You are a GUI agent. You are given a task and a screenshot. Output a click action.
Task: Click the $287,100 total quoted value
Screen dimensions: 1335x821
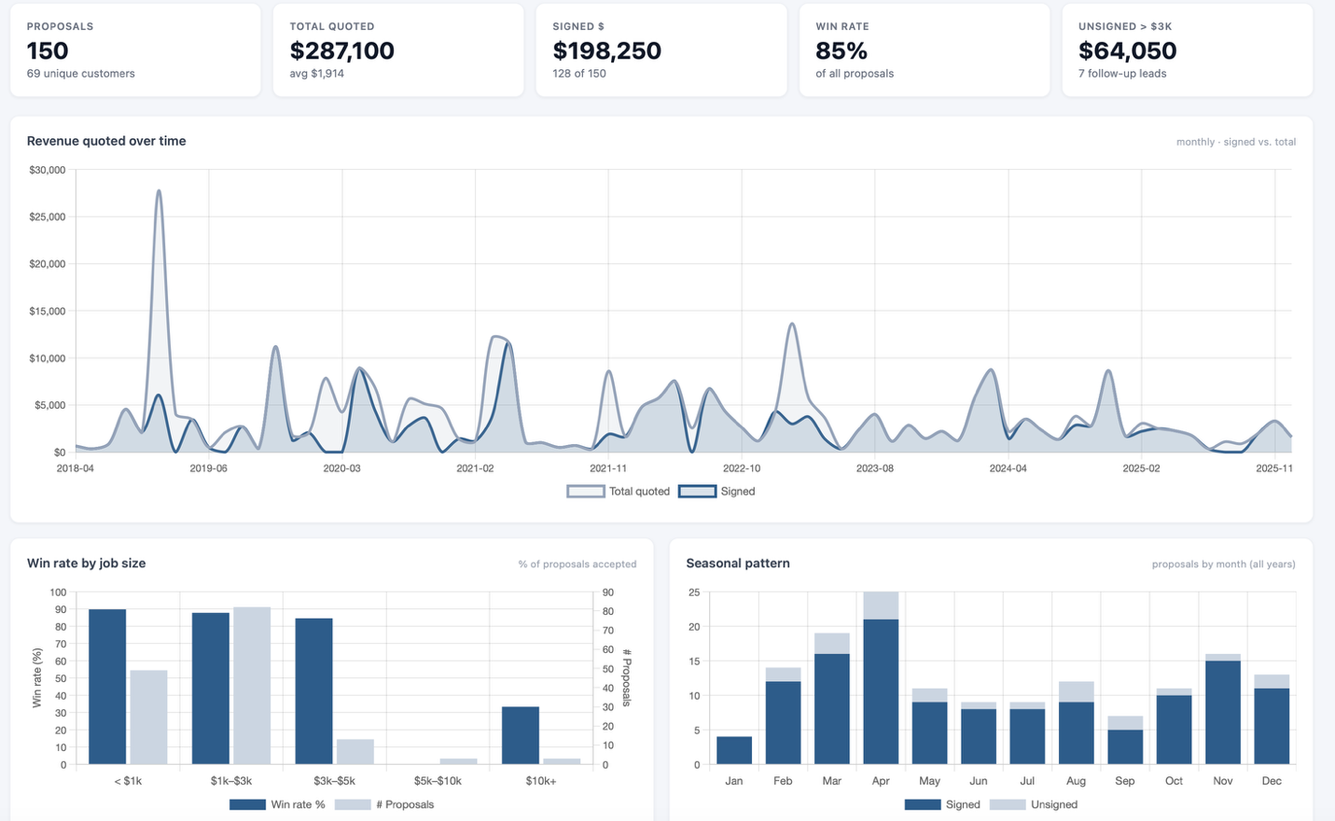tap(341, 50)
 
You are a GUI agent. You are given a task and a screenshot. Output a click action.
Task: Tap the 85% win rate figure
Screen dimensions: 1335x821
tap(841, 50)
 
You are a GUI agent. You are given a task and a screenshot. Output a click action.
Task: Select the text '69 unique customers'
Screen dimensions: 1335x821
tap(80, 74)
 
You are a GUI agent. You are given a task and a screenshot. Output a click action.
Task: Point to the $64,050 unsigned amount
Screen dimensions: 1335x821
tap(1127, 50)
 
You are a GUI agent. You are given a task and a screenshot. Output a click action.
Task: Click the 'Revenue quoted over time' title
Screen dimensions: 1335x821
tap(106, 141)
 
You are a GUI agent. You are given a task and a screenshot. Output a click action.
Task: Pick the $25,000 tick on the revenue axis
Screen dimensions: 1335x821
tap(47, 216)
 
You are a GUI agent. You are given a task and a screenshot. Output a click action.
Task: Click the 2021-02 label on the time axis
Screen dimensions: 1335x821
tap(475, 468)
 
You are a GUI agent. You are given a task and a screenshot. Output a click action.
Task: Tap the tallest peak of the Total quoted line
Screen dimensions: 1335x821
tap(159, 191)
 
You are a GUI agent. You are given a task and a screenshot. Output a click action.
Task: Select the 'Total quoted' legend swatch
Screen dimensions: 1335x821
tap(585, 492)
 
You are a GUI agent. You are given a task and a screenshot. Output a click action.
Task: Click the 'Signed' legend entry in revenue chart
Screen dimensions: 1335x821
tap(717, 492)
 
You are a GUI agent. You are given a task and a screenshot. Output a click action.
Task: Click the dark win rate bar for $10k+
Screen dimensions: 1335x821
tap(521, 735)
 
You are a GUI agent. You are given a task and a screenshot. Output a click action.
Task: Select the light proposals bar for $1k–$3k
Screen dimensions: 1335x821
tap(252, 685)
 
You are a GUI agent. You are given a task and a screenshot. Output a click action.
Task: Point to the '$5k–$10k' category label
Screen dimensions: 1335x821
tap(438, 781)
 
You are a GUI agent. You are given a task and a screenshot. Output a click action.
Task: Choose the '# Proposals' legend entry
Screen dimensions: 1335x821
tap(384, 804)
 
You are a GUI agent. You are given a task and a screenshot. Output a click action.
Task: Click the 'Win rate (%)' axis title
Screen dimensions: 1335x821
tap(37, 678)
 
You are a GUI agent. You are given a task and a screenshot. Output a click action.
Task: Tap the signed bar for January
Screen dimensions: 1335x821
tap(733, 750)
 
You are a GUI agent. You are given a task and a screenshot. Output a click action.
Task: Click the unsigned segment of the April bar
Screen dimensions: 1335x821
tap(881, 605)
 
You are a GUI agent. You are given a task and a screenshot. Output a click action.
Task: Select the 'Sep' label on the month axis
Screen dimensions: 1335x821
tap(1124, 781)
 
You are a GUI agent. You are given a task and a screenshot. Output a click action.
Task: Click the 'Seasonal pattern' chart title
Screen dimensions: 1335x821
tap(738, 563)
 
